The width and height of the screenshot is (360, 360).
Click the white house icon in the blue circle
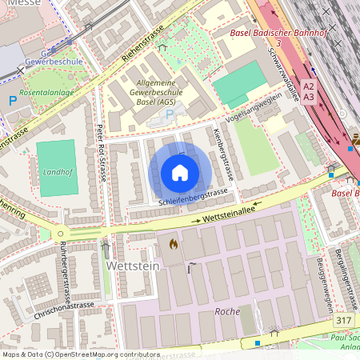(180, 173)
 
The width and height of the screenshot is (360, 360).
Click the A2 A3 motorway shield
(310, 90)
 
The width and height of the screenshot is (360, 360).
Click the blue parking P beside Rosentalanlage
(12, 101)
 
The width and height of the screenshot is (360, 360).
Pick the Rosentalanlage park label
(51, 91)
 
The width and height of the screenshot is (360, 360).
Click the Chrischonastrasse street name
(62, 305)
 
